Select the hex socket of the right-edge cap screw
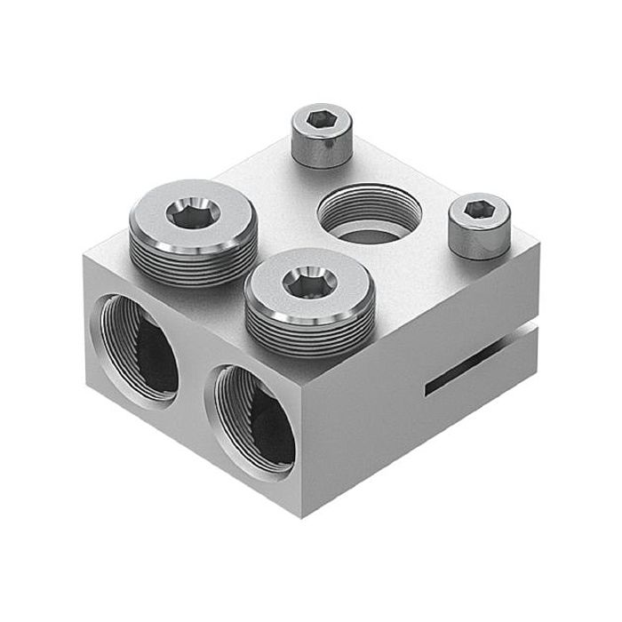tap(480, 209)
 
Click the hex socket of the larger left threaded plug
tap(192, 214)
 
